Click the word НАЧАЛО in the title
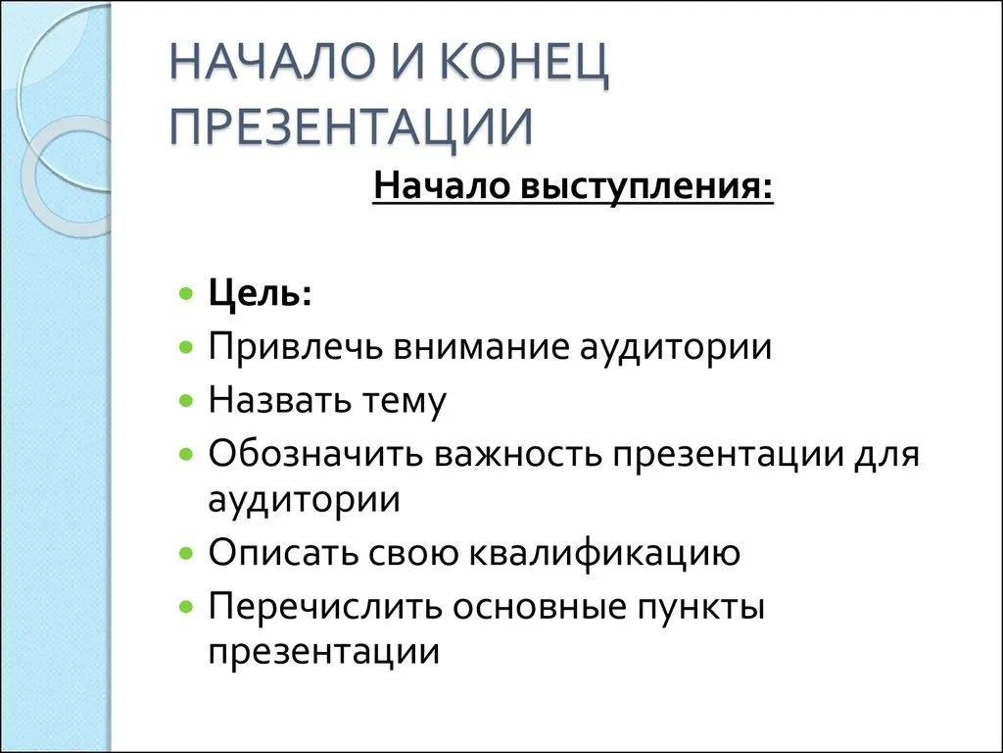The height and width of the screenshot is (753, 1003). click(x=271, y=62)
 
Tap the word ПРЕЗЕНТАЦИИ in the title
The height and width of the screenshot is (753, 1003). click(x=351, y=126)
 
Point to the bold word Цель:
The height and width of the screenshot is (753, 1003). click(x=260, y=293)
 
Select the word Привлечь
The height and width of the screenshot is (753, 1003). click(x=295, y=348)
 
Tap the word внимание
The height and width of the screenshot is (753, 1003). click(x=480, y=347)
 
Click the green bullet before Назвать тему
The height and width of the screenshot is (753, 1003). click(x=186, y=401)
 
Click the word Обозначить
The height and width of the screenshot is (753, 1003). click(x=315, y=453)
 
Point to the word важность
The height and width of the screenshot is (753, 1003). click(x=518, y=453)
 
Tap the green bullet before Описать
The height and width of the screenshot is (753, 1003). click(x=186, y=553)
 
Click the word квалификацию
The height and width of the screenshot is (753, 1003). click(x=604, y=553)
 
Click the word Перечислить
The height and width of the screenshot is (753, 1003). click(x=325, y=606)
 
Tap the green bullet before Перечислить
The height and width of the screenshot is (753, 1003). click(x=186, y=606)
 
